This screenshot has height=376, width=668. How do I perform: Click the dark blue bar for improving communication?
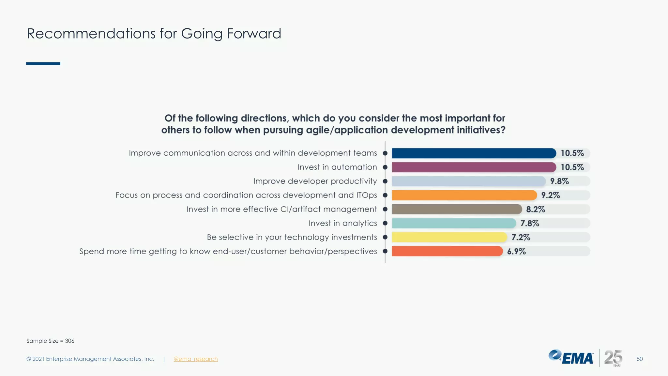(x=474, y=153)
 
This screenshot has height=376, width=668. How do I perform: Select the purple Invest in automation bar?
(x=474, y=167)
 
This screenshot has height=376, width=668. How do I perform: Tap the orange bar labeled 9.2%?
(x=464, y=195)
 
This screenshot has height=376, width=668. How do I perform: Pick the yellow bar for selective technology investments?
(x=449, y=237)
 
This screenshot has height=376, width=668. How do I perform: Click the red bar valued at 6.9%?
(x=447, y=251)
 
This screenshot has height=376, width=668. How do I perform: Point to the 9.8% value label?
(x=559, y=181)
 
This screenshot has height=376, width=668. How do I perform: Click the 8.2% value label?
(x=535, y=209)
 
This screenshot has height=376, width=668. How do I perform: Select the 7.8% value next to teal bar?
(x=529, y=223)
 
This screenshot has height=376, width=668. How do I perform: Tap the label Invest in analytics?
(x=342, y=223)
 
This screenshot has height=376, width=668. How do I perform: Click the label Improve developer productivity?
(x=315, y=181)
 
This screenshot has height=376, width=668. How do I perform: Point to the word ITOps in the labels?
(x=366, y=195)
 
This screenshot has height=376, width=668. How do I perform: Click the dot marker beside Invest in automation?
(x=385, y=167)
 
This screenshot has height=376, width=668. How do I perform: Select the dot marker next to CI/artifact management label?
(x=385, y=209)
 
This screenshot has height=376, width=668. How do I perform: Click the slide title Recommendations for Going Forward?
(x=154, y=34)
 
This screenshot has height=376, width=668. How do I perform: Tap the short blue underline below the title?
(x=43, y=64)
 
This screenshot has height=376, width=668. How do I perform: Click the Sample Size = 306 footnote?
(x=50, y=341)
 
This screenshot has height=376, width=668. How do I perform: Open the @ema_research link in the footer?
(x=195, y=359)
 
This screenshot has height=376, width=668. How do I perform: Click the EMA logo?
(x=571, y=357)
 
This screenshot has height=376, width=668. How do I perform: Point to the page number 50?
(x=639, y=359)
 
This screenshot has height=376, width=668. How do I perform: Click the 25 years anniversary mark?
(x=613, y=358)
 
